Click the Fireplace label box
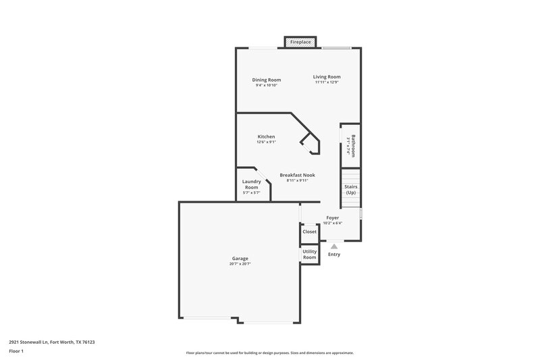tap(300, 43)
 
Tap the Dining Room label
tap(267, 80)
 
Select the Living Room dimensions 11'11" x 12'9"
tap(327, 82)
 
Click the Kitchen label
tap(266, 136)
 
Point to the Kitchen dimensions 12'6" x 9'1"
tap(266, 142)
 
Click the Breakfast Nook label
tap(297, 175)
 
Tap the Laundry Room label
tap(251, 184)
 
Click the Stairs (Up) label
tap(350, 189)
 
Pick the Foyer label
tap(332, 217)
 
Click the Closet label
tap(309, 232)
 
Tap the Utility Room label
tap(309, 255)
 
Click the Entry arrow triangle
tap(333, 247)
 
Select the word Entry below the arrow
tap(334, 255)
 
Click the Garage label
tap(240, 258)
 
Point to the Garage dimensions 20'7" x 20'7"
tap(240, 264)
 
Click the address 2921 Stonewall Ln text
tap(52, 342)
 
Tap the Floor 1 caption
tap(17, 352)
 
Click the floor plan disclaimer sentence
tap(270, 353)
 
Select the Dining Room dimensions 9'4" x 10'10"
tap(267, 85)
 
